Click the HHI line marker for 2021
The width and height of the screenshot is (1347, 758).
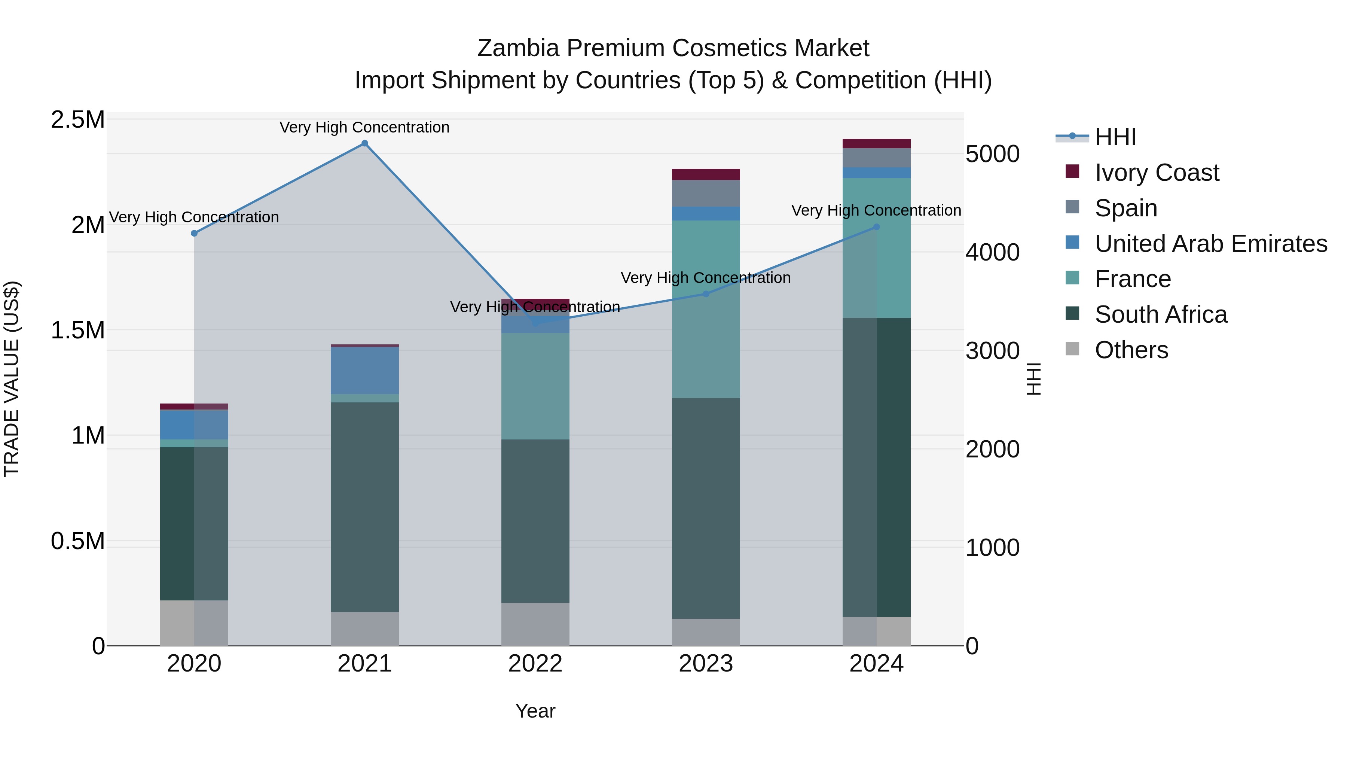364,143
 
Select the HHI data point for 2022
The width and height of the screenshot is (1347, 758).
535,323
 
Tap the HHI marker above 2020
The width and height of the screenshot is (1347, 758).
194,233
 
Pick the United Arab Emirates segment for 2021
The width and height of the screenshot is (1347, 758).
364,370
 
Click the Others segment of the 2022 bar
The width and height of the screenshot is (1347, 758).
535,624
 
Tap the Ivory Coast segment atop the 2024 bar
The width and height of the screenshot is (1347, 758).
876,144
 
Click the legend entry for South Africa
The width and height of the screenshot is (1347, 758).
1160,314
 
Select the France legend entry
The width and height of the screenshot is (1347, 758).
1133,279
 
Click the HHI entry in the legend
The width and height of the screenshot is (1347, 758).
1115,137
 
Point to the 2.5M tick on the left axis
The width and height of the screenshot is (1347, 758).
78,120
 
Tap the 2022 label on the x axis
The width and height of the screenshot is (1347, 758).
535,664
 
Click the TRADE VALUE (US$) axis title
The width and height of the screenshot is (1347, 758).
12,379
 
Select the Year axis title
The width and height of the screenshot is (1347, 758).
535,711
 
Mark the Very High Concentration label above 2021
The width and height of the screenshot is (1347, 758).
364,127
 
